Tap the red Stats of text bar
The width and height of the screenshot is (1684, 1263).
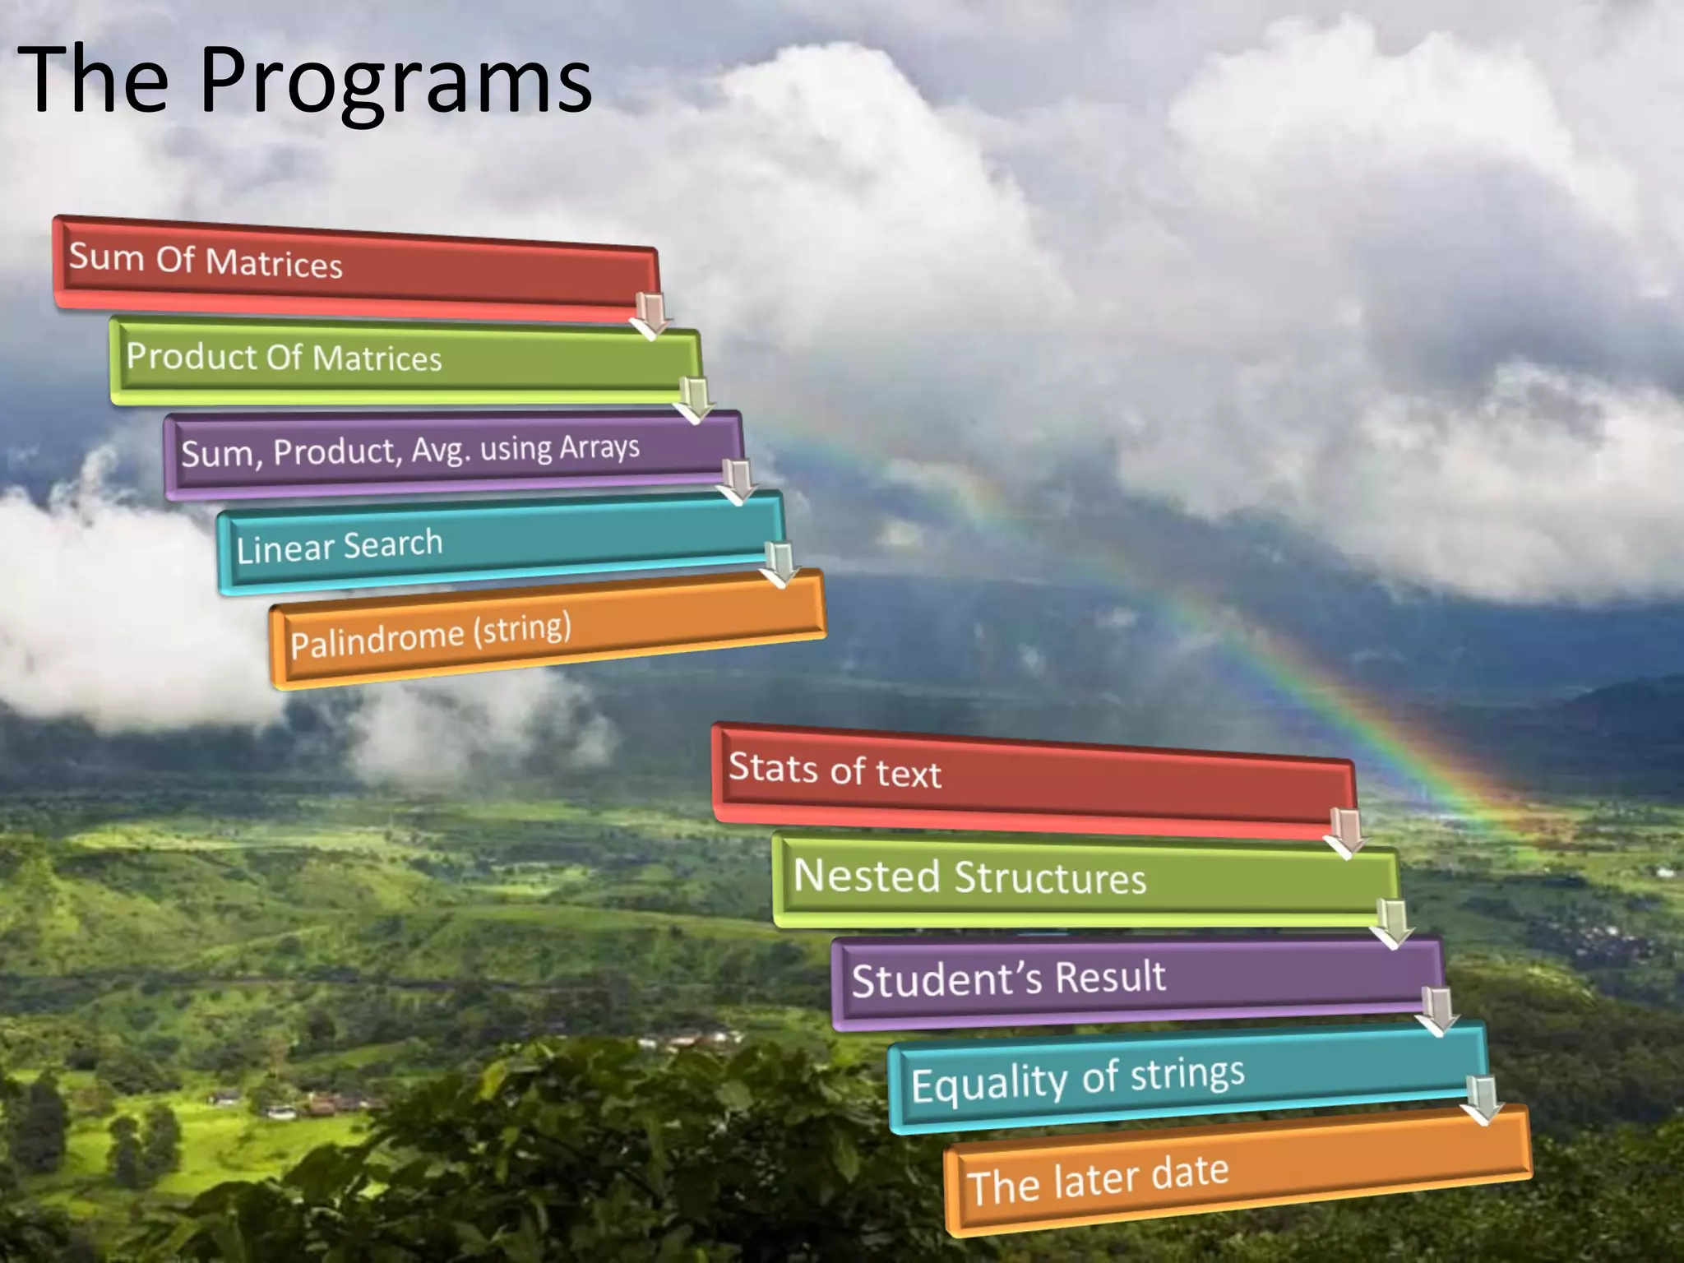point(1028,777)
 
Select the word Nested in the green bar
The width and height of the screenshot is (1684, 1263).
point(866,875)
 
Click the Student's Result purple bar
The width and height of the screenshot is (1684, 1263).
point(1135,978)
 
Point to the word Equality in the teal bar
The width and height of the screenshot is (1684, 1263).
point(988,1083)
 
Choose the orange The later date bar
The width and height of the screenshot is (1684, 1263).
point(1233,1172)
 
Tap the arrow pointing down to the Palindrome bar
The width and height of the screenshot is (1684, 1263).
point(780,564)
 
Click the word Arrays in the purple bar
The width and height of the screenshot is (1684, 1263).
point(599,447)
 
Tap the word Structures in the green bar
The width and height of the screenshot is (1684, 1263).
point(1049,878)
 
